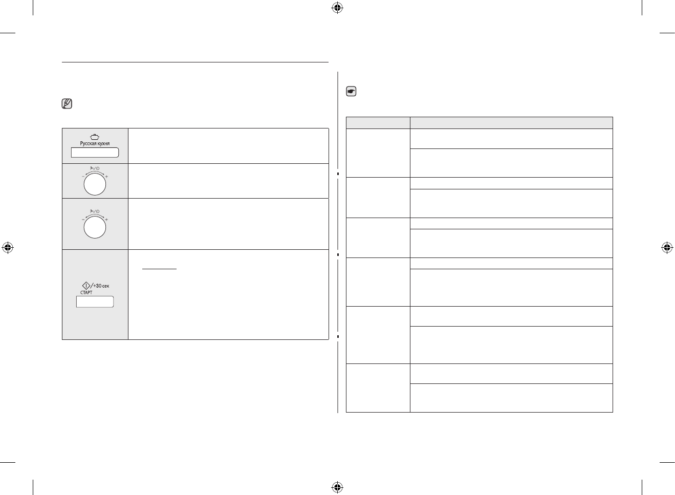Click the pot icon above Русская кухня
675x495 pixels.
[95, 137]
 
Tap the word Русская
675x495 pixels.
[88, 144]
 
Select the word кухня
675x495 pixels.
[103, 144]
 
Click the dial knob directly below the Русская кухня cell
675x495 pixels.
[95, 184]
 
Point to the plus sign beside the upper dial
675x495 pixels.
[106, 177]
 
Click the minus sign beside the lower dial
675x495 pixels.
[83, 220]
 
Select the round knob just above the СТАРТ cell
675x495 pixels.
[95, 227]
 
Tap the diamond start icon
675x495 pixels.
[86, 285]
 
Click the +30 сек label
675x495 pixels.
[101, 286]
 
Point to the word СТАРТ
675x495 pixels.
[86, 293]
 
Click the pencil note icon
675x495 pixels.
[67, 104]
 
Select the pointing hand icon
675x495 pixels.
[351, 92]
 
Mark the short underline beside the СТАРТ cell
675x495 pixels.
[159, 269]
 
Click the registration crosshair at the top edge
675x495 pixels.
[337, 8]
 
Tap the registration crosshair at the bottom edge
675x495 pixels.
[337, 487]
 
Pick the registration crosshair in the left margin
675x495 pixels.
[8, 248]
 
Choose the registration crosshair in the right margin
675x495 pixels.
[666, 248]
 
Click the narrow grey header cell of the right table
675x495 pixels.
[378, 123]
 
